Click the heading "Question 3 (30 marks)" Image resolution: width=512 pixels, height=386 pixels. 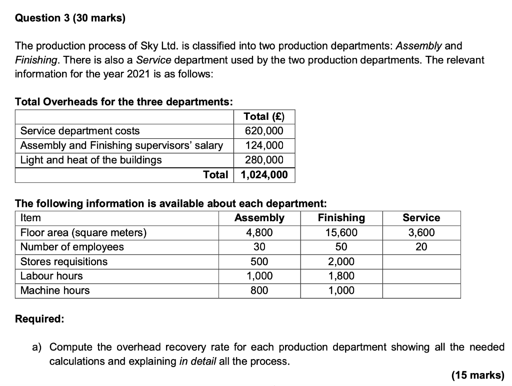tap(70, 18)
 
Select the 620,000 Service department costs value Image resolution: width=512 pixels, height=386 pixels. tap(264, 131)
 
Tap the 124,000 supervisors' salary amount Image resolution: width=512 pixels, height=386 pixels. tap(264, 145)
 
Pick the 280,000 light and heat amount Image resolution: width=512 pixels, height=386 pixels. tap(264, 160)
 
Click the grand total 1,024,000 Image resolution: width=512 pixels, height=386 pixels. tap(264, 175)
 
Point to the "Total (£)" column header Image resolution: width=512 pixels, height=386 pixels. tap(264, 116)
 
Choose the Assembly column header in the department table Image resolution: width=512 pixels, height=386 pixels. tap(259, 218)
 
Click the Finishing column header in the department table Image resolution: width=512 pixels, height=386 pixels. tap(341, 218)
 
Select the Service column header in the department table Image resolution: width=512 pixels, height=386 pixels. tap(421, 218)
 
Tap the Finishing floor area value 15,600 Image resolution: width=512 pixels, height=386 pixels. tap(341, 232)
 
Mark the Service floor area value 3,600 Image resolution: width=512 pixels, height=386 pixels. tap(421, 232)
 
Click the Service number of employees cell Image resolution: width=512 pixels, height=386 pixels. tap(421, 247)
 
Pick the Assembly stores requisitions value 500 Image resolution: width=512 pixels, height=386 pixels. tap(259, 262)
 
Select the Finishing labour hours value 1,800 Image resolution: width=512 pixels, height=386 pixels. tap(341, 276)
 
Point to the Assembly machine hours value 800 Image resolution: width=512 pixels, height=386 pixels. tap(259, 291)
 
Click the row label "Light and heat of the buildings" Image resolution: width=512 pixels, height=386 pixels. tap(91, 160)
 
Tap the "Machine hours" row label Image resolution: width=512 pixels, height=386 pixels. tap(55, 291)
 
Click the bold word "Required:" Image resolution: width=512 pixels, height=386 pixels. tap(39, 319)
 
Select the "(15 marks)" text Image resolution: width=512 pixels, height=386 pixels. tap(477, 376)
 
